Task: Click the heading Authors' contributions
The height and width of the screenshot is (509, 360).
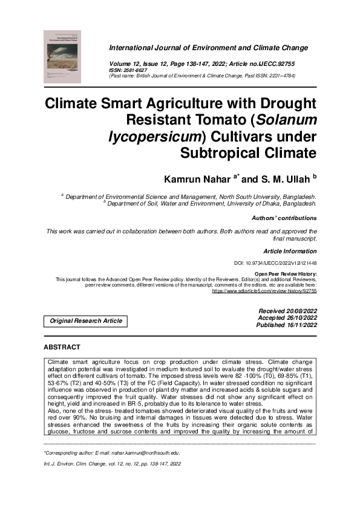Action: click(284, 218)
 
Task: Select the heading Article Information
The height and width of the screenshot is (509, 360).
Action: click(290, 251)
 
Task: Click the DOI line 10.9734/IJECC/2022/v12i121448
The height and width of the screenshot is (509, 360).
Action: click(275, 264)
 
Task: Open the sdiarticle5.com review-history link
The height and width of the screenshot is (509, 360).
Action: click(264, 291)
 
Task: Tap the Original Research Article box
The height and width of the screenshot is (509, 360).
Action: click(85, 321)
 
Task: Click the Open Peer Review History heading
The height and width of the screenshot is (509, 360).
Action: click(290, 273)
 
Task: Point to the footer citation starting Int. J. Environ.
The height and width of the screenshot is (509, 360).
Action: click(108, 464)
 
